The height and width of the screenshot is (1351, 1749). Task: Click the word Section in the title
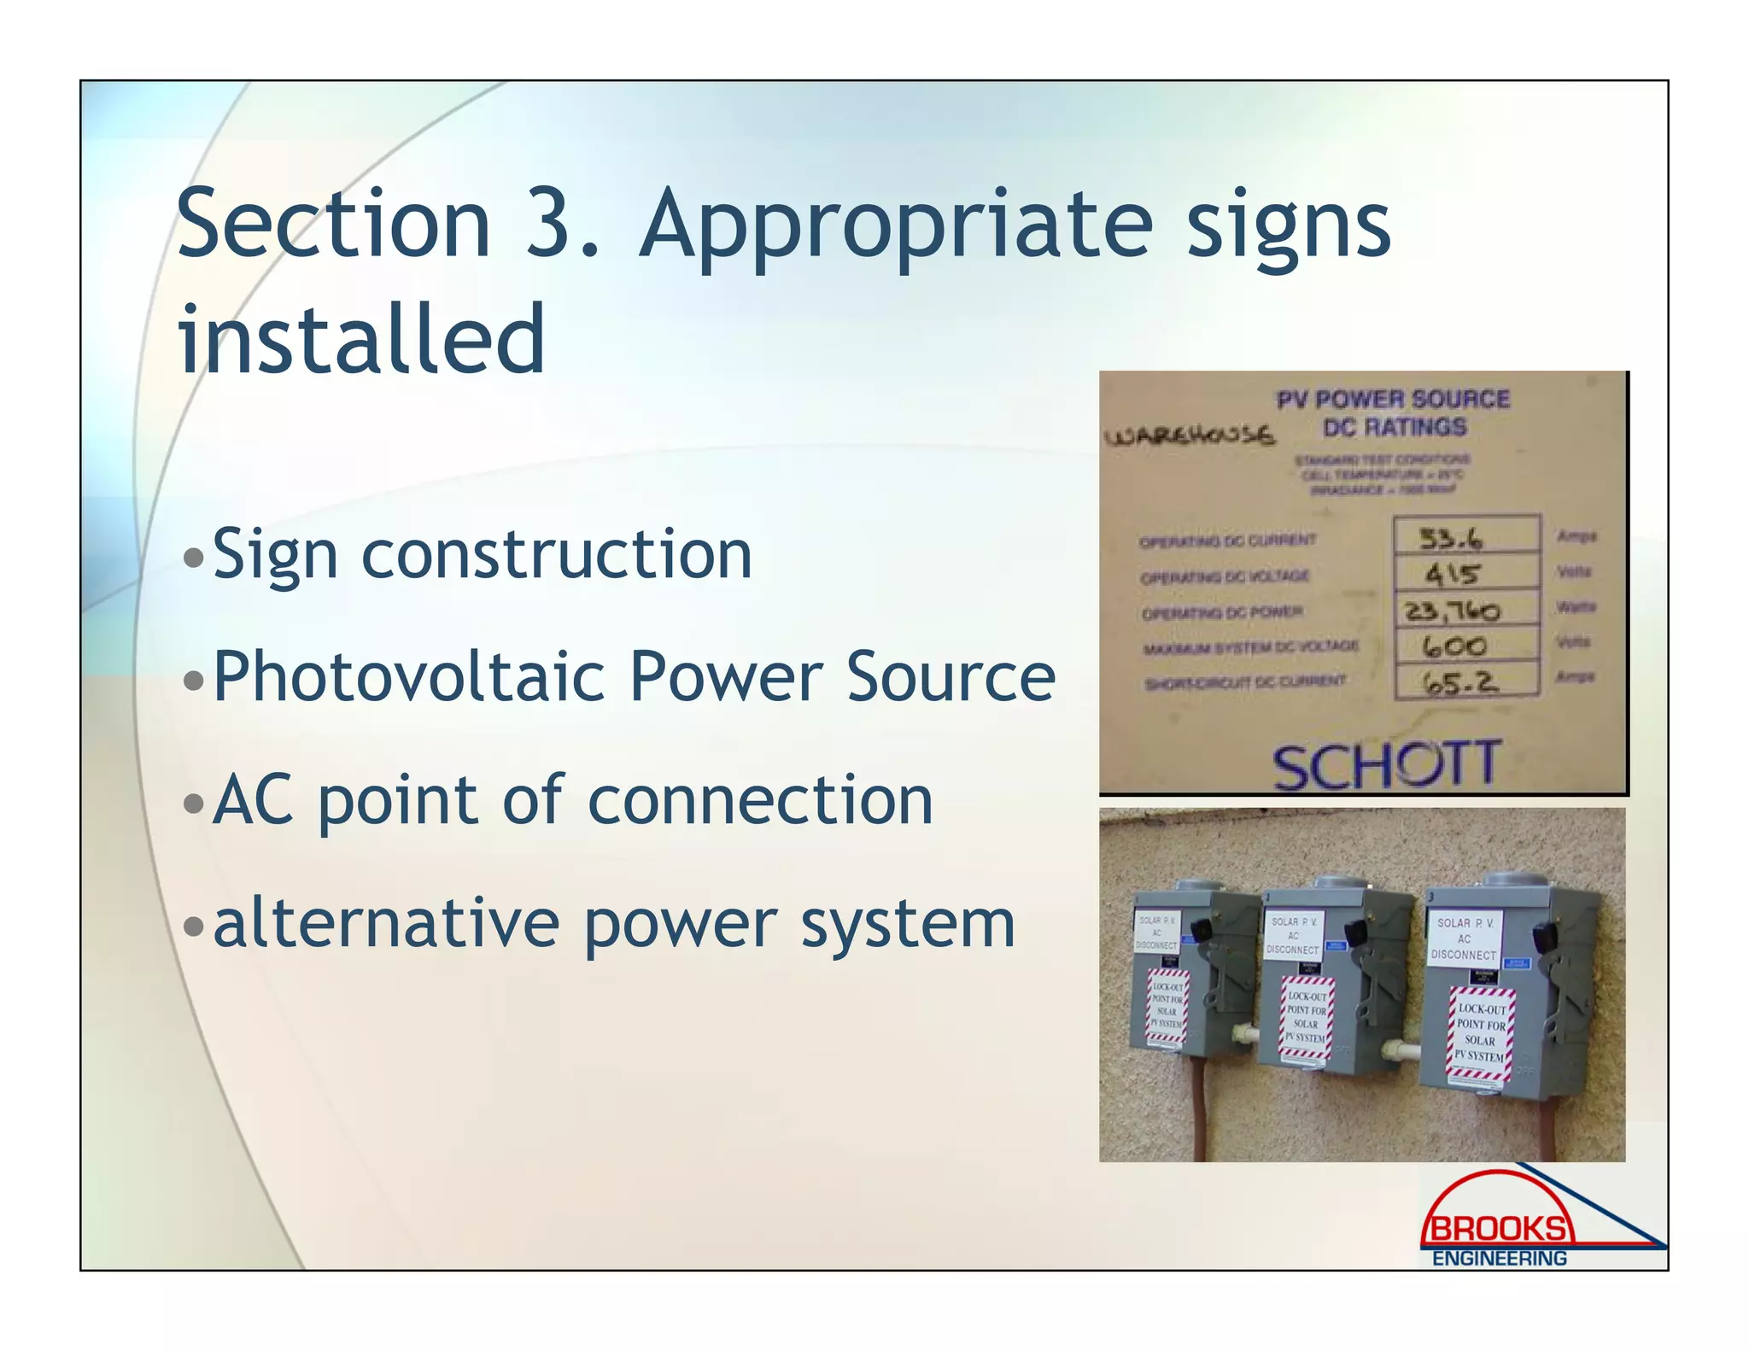click(x=333, y=224)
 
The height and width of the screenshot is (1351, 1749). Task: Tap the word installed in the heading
click(x=361, y=339)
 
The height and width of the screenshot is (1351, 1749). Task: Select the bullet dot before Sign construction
click(x=194, y=558)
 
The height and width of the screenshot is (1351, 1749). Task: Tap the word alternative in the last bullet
click(x=385, y=923)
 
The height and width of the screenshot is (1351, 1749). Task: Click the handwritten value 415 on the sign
click(x=1452, y=574)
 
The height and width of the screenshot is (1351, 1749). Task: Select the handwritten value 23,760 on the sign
click(x=1453, y=611)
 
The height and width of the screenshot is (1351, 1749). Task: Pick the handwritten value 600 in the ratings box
click(x=1454, y=646)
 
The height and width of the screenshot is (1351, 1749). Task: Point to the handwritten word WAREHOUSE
click(x=1190, y=436)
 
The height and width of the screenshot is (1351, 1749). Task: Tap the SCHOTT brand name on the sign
click(x=1385, y=765)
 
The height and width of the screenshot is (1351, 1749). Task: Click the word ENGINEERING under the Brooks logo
click(x=1500, y=1259)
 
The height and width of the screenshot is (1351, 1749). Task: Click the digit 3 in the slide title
click(x=550, y=224)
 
